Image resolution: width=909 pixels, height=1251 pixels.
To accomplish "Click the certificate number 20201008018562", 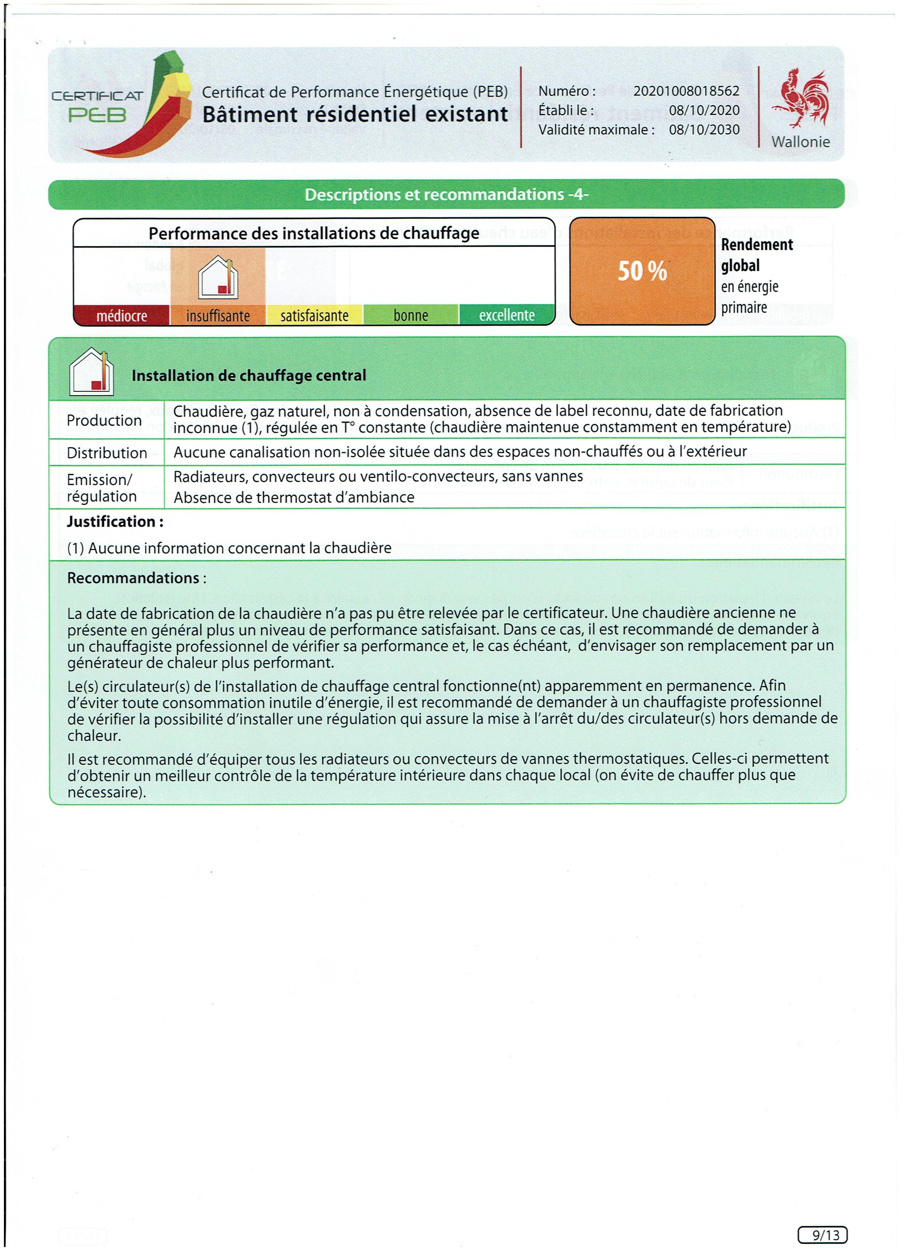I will [686, 91].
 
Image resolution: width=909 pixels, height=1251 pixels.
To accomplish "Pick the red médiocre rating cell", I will [122, 315].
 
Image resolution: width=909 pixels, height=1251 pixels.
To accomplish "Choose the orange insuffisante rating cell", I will [218, 315].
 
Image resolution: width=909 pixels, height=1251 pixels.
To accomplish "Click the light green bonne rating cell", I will [411, 315].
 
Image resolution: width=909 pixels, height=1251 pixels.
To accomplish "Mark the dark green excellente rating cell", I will [507, 315].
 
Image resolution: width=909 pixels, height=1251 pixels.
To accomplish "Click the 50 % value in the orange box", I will [642, 271].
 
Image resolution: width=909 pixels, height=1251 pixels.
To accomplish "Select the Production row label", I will [104, 420].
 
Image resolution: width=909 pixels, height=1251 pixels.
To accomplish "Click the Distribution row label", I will [107, 453].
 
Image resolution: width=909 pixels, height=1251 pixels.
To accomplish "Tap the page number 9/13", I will [822, 1235].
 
